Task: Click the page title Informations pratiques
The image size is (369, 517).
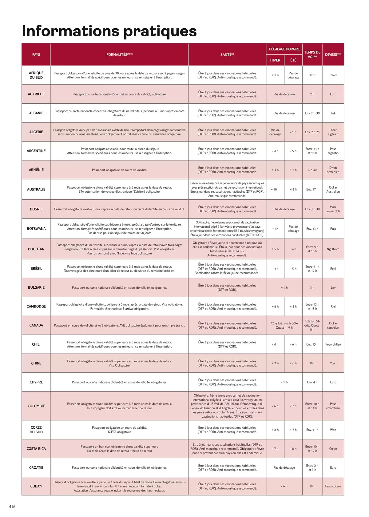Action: coord(109,31)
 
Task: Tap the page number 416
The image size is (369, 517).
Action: coord(12,507)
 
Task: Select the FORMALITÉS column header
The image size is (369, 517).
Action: coord(119,54)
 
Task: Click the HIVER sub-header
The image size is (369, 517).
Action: coord(275,60)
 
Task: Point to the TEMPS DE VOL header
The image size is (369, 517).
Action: coord(312,54)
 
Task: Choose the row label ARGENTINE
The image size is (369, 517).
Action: coord(36,151)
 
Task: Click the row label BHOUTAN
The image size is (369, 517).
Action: coord(36,249)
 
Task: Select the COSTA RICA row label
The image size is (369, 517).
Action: coord(36,449)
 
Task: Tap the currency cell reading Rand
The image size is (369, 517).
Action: coord(333,75)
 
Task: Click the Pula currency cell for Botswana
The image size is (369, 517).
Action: coord(333,229)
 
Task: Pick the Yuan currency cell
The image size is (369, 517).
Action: coord(333,363)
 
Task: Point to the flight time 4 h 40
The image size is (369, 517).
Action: coord(312,170)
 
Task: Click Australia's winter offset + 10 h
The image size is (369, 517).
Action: coord(275,189)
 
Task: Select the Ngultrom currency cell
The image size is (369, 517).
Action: coord(333,249)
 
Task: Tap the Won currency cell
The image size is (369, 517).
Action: coord(333,430)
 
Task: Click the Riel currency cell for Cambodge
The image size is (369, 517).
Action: coord(333,307)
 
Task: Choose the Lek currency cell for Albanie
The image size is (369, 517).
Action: coord(333,113)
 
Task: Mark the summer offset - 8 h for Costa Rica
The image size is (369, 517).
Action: coord(293,449)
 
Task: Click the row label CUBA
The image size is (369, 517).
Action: coord(35,486)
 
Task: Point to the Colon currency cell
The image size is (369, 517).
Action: coord(333,449)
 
